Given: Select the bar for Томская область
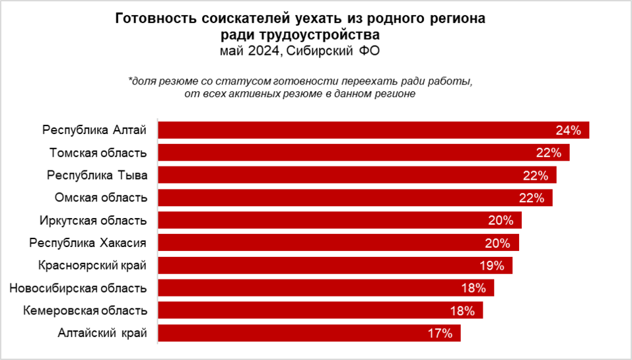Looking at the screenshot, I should coord(363,153).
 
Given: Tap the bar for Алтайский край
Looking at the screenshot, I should coord(309,333).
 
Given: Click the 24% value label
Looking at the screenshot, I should coord(568,131).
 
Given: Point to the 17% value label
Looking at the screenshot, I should coord(440,334).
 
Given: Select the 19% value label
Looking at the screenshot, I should coord(492,266).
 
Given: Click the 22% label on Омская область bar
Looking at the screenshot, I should coord(531,198).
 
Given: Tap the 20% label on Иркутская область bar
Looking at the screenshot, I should coord(501,221).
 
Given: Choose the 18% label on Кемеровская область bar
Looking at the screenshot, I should coord(462,310).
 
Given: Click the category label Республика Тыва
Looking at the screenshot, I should coord(96,176).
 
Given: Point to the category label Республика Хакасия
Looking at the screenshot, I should coord(88,243).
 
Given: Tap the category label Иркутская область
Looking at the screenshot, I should coord(94,221).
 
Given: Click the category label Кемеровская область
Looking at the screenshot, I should coord(85,310).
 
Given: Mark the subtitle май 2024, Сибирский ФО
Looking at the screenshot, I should coord(300,50).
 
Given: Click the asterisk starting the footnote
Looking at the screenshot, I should coord(130,82).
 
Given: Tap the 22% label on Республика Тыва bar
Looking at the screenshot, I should coord(536,176).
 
